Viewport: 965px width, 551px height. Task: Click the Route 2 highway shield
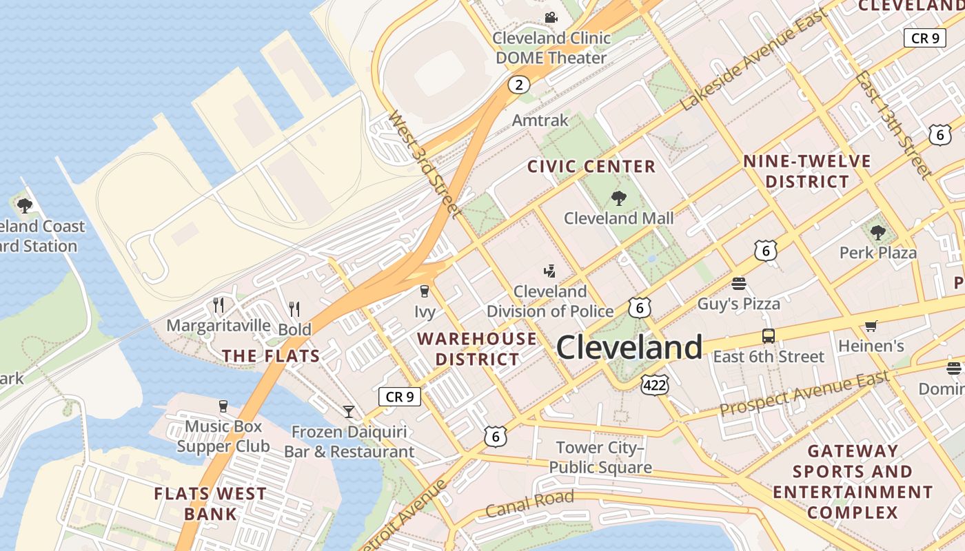519,85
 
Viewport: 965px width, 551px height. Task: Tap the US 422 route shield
653,385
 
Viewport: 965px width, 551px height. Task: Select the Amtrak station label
540,121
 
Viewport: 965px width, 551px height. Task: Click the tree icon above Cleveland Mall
618,198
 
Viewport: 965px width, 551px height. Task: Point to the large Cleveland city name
629,348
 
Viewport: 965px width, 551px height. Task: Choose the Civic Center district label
591,167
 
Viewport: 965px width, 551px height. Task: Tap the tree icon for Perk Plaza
877,233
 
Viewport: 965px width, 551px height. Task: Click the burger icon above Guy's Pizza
739,284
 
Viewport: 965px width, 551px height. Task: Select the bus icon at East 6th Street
768,336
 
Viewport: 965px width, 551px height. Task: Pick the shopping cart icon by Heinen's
871,326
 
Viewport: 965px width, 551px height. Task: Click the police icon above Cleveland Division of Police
549,271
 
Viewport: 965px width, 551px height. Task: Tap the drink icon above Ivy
425,291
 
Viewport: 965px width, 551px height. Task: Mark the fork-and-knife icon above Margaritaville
219,304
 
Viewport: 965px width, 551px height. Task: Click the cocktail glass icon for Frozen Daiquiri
349,411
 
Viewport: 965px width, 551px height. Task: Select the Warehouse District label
477,349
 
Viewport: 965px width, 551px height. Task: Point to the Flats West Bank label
210,503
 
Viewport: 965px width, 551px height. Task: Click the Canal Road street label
529,504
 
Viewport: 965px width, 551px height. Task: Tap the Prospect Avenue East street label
804,393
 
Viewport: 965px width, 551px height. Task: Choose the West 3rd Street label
424,165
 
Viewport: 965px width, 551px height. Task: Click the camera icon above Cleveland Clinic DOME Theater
550,17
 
